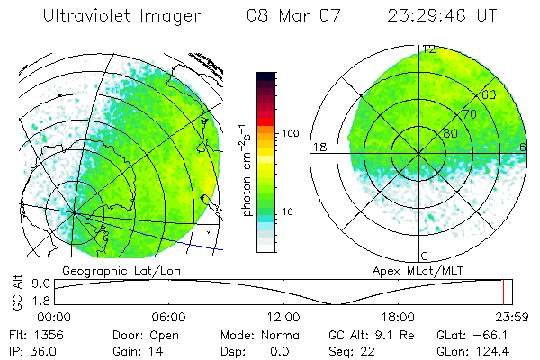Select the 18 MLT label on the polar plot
pyautogui.click(x=318, y=147)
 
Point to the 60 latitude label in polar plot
pyautogui.click(x=490, y=94)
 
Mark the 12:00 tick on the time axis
pyautogui.click(x=283, y=317)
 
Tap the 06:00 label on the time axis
pyautogui.click(x=168, y=317)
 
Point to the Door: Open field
pyautogui.click(x=137, y=334)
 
